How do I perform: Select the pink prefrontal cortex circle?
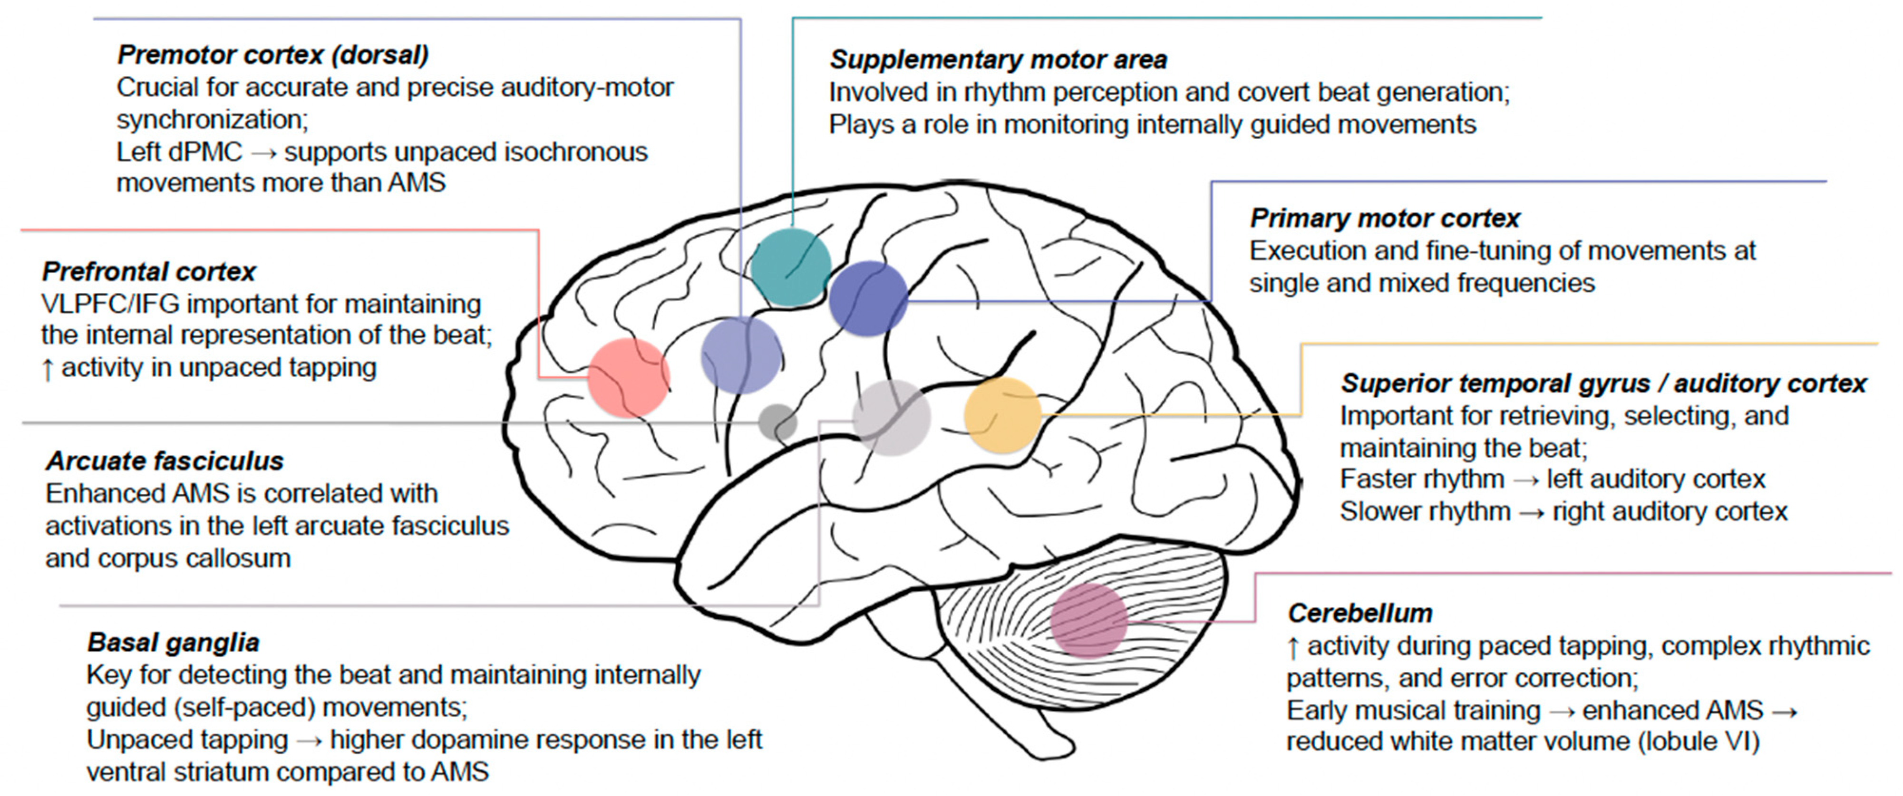629,377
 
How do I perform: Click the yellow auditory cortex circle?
1002,414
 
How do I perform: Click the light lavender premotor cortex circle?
740,355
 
